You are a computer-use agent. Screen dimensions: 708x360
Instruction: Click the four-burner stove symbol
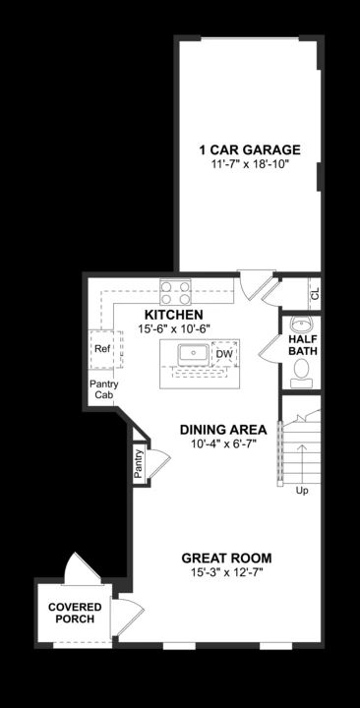pos(176,291)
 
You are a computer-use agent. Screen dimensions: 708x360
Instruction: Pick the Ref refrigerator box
pos(102,348)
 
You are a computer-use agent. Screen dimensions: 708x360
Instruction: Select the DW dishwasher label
pos(224,354)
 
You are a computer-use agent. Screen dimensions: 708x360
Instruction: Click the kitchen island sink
pos(191,353)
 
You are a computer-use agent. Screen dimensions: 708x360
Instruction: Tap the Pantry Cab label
pos(102,389)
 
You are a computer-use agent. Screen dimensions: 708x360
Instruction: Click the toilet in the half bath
pos(302,370)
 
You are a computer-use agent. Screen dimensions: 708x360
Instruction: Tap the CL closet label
pos(315,293)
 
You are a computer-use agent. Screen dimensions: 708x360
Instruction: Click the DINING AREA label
pos(224,430)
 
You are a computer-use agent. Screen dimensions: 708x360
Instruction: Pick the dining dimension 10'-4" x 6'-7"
pos(224,444)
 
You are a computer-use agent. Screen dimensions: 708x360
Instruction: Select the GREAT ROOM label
pos(226,558)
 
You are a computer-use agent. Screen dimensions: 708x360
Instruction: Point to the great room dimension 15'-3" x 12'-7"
pos(226,572)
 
